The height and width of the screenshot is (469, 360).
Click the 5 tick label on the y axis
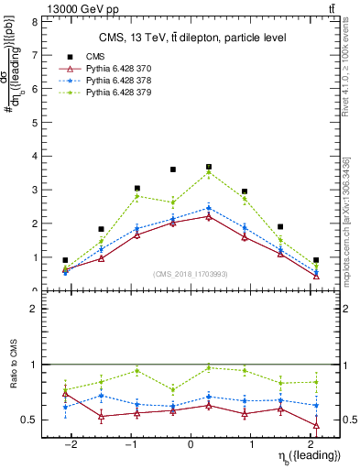[x=37, y=123]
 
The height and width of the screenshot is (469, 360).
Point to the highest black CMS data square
[x=209, y=167]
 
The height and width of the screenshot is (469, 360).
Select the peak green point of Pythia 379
[x=209, y=172]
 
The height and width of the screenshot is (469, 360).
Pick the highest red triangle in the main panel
[x=209, y=216]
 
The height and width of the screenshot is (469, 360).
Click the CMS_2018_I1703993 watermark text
[x=190, y=274]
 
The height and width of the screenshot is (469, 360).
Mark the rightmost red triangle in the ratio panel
[x=316, y=425]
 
